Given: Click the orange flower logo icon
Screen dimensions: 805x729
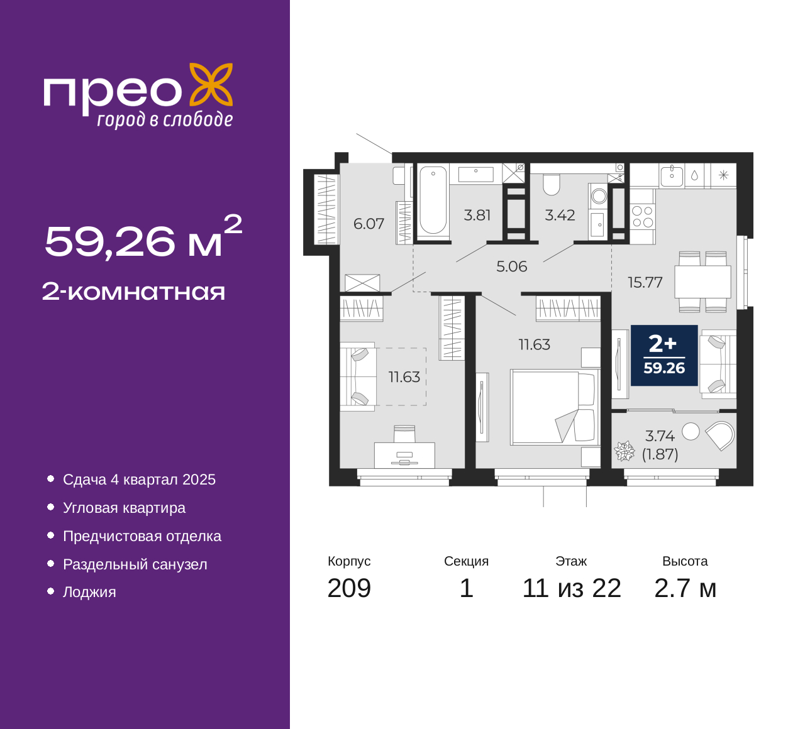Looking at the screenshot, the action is (x=211, y=84).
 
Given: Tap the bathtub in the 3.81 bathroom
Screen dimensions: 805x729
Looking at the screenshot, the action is (x=433, y=200).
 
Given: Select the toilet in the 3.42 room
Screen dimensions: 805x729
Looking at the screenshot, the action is (x=552, y=185).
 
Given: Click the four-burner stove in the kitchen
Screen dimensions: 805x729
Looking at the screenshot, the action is (x=642, y=217).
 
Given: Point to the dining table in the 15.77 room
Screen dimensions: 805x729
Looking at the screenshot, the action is (x=702, y=282).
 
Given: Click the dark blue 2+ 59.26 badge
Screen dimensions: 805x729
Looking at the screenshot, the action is (x=664, y=355).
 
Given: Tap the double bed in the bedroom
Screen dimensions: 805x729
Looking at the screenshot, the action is (x=552, y=407).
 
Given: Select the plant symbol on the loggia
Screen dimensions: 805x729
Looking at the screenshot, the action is (x=625, y=451).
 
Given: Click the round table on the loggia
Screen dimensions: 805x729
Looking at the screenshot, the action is (x=691, y=432).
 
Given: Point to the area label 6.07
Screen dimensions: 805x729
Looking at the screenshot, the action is (x=369, y=224).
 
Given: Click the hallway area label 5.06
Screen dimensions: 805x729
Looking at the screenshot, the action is (x=512, y=266).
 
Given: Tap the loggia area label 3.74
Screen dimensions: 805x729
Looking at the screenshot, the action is (x=660, y=436).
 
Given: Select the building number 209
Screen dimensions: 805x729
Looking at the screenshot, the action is (x=349, y=588).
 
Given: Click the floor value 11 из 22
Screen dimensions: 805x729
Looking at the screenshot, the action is (x=572, y=588).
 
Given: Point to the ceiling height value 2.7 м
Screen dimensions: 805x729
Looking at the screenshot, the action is (x=685, y=588).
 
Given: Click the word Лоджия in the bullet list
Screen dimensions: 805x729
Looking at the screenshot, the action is (x=89, y=592).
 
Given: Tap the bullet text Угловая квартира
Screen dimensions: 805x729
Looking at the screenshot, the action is (x=125, y=508).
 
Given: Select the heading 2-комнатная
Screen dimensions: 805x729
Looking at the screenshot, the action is (x=133, y=292).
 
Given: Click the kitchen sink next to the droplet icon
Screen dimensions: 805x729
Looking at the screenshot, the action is (x=672, y=177).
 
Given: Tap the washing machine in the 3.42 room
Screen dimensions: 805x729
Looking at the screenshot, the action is (x=599, y=197).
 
